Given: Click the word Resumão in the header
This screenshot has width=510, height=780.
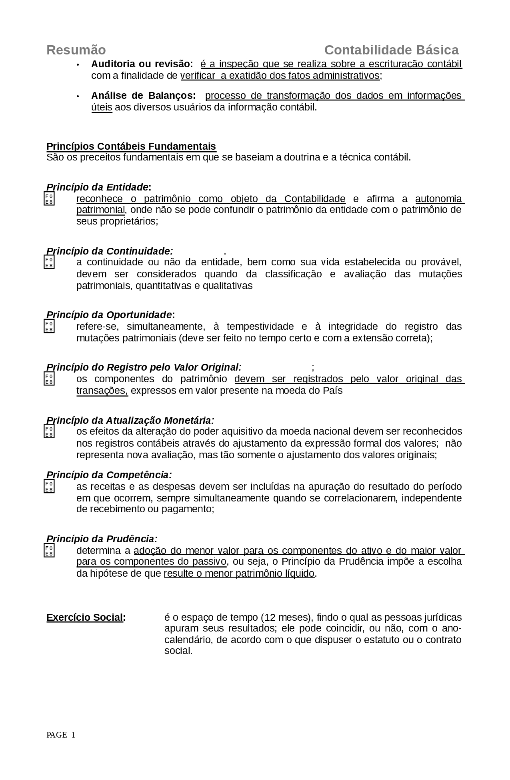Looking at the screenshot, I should [76, 50].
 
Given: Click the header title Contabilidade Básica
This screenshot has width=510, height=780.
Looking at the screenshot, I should [391, 50].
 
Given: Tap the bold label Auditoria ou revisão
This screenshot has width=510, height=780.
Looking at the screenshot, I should [142, 64].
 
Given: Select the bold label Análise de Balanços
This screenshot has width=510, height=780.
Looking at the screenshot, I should [143, 96].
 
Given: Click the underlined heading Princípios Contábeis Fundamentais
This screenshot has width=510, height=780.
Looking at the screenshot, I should [131, 146].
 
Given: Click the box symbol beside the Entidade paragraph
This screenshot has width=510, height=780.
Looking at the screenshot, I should [49, 199].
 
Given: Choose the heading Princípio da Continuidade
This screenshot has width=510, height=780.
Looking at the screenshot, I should [110, 251].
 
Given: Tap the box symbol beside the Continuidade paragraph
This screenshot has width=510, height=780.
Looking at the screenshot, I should [49, 263].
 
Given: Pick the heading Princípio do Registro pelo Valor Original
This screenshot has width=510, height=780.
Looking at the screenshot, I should [144, 367].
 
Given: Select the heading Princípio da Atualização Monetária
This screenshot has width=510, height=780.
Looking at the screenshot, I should [130, 421].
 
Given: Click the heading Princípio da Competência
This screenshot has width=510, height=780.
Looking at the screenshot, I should [109, 475].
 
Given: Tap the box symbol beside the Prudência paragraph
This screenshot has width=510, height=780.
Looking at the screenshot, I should [49, 551].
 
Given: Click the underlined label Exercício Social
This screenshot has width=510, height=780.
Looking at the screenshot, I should [85, 618].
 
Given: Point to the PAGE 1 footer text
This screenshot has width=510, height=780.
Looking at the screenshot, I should [61, 735].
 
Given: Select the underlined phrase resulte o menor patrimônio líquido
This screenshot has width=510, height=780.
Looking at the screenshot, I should [239, 573].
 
